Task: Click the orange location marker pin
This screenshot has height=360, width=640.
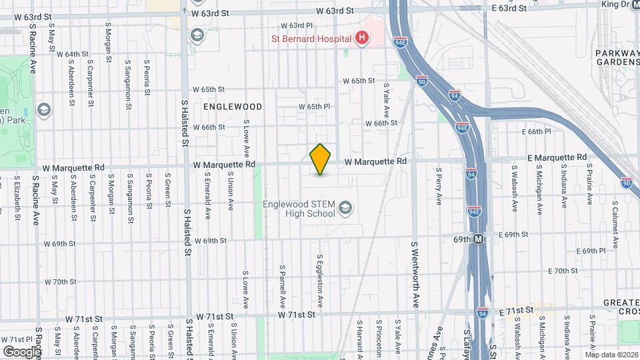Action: (321, 159)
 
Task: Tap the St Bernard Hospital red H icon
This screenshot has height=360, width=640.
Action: (361, 38)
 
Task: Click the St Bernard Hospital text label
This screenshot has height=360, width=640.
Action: (311, 39)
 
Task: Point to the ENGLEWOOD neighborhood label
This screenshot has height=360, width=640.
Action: (233, 107)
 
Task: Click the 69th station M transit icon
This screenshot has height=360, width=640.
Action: (479, 239)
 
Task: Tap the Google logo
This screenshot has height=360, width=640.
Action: (21, 351)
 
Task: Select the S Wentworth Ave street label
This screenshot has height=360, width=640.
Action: (415, 273)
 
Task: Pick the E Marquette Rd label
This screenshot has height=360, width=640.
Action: (557, 157)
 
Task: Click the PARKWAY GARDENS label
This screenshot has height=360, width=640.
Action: (617, 57)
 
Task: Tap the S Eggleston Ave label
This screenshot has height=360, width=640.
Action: (320, 280)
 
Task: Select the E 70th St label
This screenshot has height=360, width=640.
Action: (563, 271)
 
